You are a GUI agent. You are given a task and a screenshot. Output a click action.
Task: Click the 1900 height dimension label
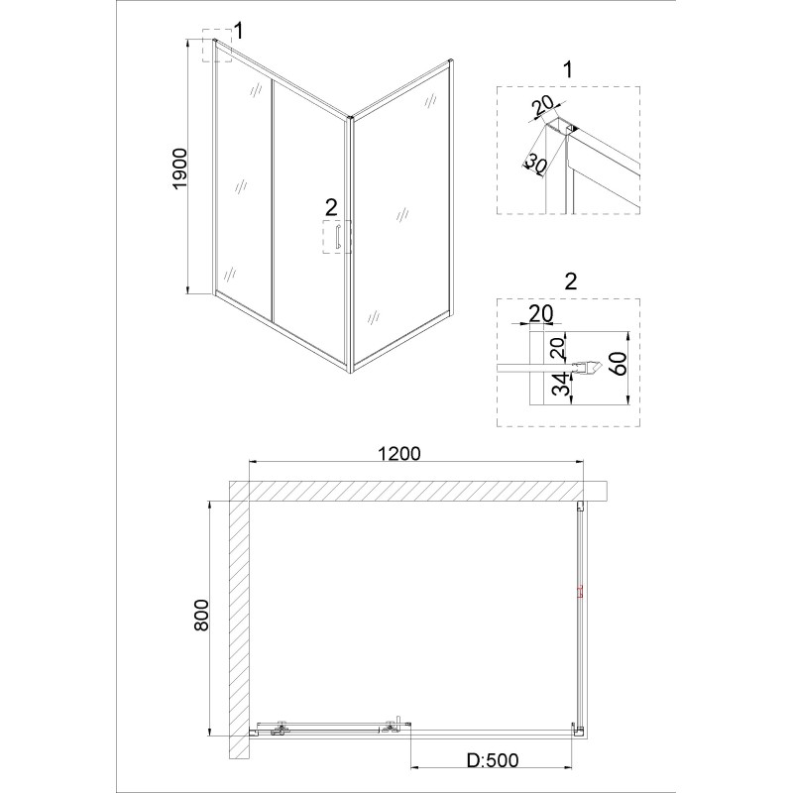[180, 169]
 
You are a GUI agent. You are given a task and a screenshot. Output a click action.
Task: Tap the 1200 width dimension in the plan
[399, 453]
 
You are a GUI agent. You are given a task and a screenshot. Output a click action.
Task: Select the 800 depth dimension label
[201, 615]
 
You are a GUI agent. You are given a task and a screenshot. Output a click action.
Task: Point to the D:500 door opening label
[492, 759]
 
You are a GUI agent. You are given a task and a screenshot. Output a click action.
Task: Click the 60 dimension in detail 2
[621, 364]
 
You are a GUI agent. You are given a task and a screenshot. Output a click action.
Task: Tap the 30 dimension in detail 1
[534, 165]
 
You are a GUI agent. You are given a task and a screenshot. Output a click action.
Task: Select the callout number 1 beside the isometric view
[239, 32]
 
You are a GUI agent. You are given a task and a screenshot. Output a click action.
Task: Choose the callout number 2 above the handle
[331, 207]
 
